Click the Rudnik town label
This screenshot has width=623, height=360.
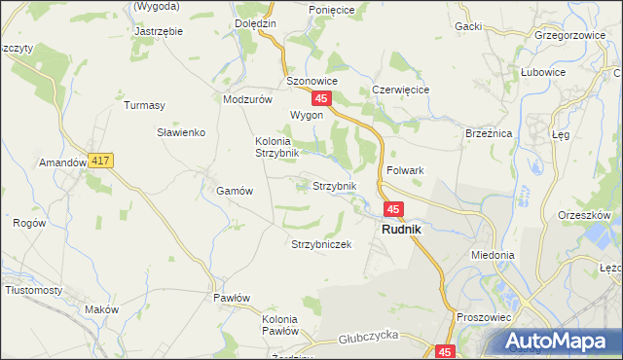(x=401, y=230)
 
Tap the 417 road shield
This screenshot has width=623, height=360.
(x=99, y=161)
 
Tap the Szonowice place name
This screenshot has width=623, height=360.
(x=311, y=82)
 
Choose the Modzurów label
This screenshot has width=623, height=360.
(x=246, y=99)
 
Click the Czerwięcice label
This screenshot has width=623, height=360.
(x=401, y=89)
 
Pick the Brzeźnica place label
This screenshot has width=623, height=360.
(x=489, y=132)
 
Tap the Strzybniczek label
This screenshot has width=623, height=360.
(x=321, y=244)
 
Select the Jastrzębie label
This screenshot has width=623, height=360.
(x=158, y=30)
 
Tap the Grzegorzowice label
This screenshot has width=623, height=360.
(x=565, y=34)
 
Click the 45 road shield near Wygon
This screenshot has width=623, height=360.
(x=322, y=99)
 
